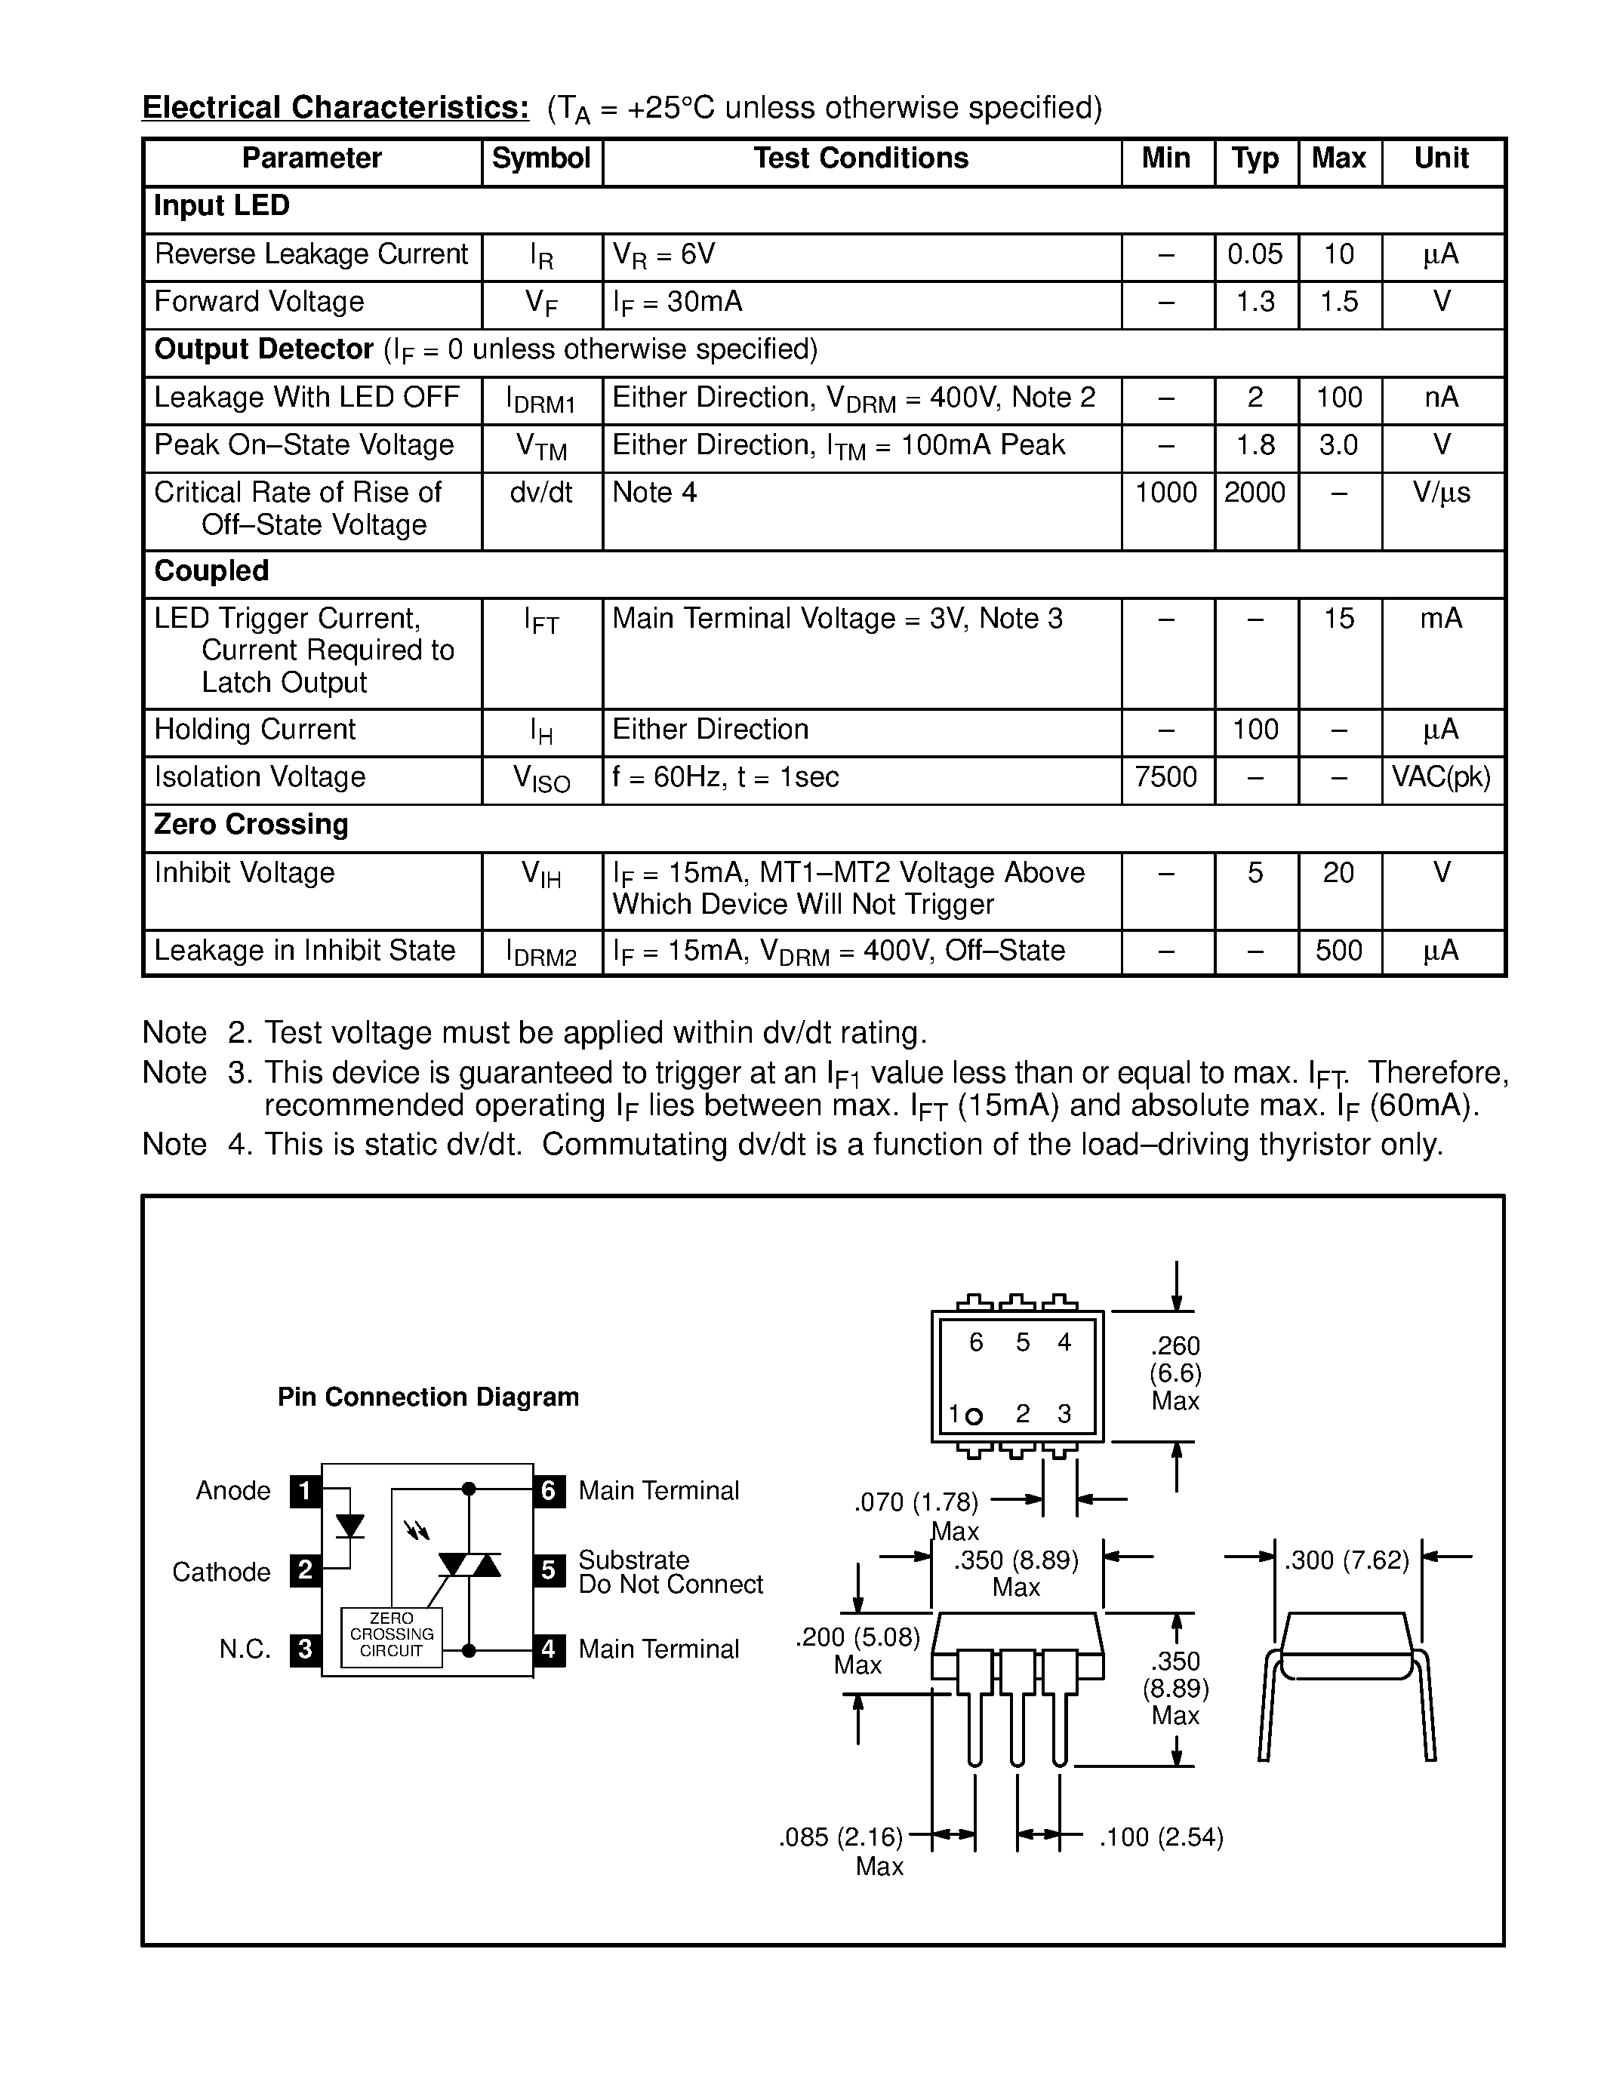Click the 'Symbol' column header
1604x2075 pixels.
[x=540, y=158]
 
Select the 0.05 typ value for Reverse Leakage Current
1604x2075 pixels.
[x=1255, y=254]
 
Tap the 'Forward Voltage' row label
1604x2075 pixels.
[x=260, y=302]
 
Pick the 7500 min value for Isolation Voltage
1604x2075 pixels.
[x=1166, y=777]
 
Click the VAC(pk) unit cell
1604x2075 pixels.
[x=1440, y=777]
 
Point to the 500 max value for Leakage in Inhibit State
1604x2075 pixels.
[x=1338, y=951]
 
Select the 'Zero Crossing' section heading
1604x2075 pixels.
[x=251, y=825]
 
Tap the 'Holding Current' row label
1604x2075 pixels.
[x=254, y=730]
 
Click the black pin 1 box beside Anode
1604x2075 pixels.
[x=305, y=1491]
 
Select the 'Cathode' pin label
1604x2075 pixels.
[x=221, y=1572]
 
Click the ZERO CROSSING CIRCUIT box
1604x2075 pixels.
[x=392, y=1634]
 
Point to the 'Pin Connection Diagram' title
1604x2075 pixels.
[x=427, y=1397]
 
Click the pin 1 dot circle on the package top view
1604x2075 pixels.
[x=973, y=1416]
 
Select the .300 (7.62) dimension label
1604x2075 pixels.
[x=1347, y=1560]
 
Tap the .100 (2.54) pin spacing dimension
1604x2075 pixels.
[x=1161, y=1837]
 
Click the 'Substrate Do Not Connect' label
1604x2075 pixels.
[x=670, y=1572]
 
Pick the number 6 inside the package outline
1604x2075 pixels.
[x=976, y=1342]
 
